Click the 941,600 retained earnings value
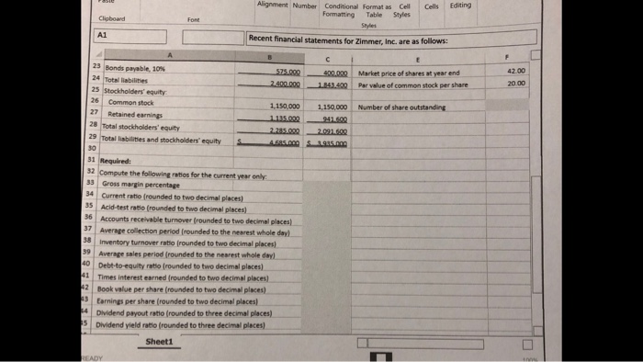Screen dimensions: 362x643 332,119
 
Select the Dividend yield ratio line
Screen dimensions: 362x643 171,323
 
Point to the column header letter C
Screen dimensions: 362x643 328,59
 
